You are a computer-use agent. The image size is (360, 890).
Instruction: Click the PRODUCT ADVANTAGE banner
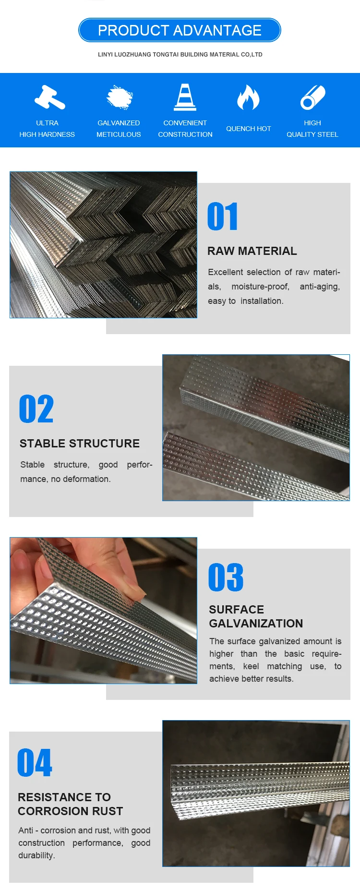click(x=180, y=30)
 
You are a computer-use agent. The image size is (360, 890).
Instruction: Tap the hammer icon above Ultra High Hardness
click(x=49, y=97)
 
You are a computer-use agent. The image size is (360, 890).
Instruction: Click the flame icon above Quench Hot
click(x=248, y=97)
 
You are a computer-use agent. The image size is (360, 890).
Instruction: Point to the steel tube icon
click(x=312, y=97)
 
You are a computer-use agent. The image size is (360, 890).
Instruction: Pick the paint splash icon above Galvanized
click(x=119, y=97)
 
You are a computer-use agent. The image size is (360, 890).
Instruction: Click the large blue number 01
click(x=222, y=216)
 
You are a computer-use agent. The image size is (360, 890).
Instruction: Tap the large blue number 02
click(x=36, y=409)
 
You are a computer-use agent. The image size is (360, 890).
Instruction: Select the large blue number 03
click(x=226, y=577)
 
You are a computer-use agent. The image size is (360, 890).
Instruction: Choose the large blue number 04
click(x=35, y=763)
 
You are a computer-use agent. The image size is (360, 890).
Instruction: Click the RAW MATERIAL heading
click(x=252, y=251)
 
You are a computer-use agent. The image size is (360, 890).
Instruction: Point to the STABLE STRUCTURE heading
click(x=80, y=444)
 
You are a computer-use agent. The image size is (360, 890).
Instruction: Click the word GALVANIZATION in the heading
click(x=256, y=624)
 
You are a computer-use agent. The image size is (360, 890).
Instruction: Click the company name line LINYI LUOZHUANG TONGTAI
click(x=180, y=55)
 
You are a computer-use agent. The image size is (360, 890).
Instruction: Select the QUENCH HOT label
click(x=248, y=129)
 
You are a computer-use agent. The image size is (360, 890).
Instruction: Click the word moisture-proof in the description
click(x=260, y=287)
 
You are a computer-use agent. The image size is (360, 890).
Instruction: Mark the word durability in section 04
click(x=36, y=855)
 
